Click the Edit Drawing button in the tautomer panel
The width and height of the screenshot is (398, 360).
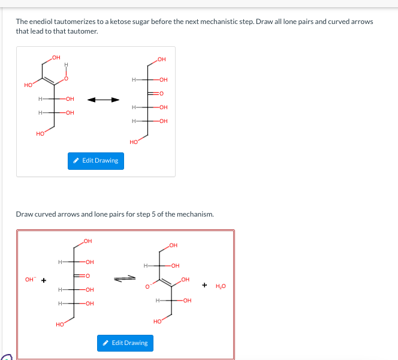pyautogui.click(x=96, y=161)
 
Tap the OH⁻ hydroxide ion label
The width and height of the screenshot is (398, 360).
pyautogui.click(x=30, y=279)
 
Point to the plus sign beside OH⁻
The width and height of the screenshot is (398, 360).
pyautogui.click(x=44, y=279)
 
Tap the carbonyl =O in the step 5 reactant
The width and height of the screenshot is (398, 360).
pyautogui.click(x=87, y=276)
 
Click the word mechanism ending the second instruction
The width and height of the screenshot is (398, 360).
pyautogui.click(x=194, y=214)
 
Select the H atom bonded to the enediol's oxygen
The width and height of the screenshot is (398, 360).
pyautogui.click(x=66, y=65)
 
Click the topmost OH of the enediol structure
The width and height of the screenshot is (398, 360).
pyautogui.click(x=56, y=57)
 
